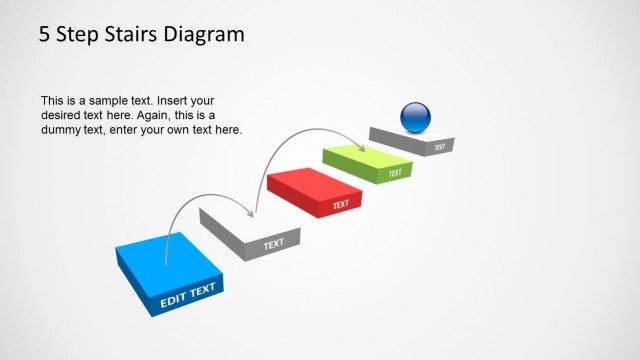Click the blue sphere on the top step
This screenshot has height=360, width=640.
[x=415, y=118]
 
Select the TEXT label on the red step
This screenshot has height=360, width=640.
[x=341, y=205]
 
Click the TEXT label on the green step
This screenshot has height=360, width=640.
[x=395, y=173]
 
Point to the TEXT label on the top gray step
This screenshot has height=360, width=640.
[x=440, y=147]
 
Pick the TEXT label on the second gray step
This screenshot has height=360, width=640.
[x=273, y=243]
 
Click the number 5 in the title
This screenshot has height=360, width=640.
[x=45, y=35]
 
